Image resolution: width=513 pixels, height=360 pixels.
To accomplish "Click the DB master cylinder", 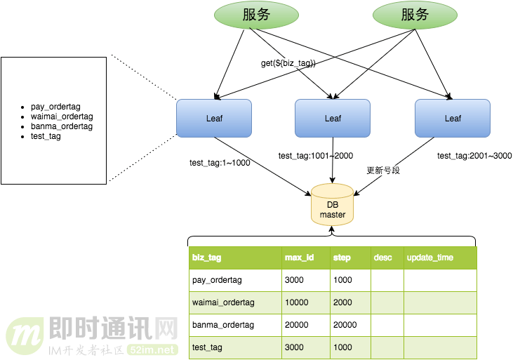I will tap(333, 205).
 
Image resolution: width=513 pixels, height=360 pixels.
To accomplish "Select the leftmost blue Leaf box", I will tap(214, 118).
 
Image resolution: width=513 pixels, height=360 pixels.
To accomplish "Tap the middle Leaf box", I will tap(333, 118).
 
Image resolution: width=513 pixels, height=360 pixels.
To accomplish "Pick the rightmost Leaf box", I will tap(453, 118).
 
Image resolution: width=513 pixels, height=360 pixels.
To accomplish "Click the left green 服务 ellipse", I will tap(256, 15).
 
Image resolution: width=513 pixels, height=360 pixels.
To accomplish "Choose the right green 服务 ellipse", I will tap(414, 15).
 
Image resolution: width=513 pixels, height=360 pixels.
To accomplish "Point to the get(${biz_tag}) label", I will tap(288, 63).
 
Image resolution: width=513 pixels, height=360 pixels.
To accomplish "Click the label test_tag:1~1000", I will tap(220, 163).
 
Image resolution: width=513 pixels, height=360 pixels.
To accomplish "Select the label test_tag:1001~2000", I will tap(316, 156).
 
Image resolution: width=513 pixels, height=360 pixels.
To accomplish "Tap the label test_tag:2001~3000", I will tap(474, 156).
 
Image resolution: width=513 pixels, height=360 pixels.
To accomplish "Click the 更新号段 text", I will tap(383, 171).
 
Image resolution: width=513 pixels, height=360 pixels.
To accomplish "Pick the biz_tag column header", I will tap(206, 258).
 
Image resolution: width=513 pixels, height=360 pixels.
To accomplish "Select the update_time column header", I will tap(430, 258).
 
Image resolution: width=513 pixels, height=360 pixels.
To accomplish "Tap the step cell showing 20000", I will tap(345, 325).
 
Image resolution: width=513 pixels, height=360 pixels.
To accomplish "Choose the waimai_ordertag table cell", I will tap(223, 302).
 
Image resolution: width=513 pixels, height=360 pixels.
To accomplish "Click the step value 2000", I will tap(342, 302).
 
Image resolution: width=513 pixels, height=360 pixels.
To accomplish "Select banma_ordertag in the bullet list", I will tap(61, 126).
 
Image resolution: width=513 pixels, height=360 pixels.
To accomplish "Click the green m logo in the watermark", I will tap(25, 335).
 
